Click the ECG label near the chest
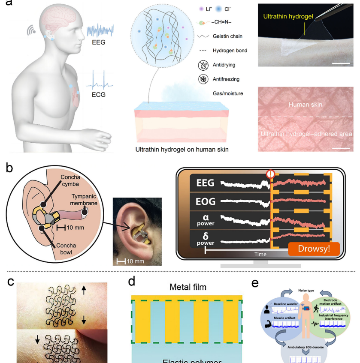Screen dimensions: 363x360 click(x=98, y=94)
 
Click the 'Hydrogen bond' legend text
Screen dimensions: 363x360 click(x=230, y=51)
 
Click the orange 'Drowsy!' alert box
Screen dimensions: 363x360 click(x=314, y=249)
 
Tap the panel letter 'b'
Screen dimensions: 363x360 click(x=9, y=168)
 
